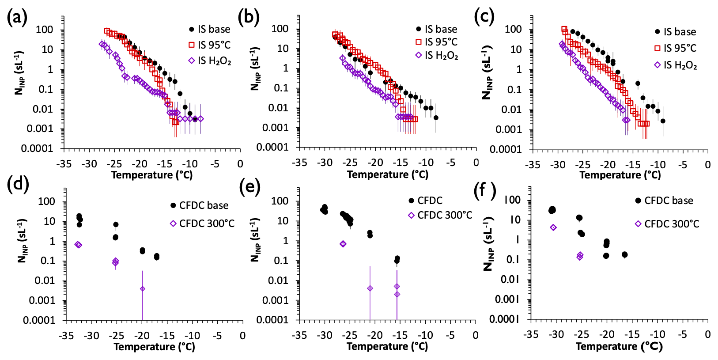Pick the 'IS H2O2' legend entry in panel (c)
(676, 65)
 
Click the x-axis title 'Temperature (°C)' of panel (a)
(152, 175)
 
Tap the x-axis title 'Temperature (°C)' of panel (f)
(619, 347)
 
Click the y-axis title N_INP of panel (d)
(22, 240)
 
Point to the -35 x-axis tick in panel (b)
(299, 163)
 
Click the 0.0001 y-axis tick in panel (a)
(37, 148)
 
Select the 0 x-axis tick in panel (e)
(476, 335)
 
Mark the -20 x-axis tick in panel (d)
(142, 336)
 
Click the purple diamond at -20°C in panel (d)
(142, 289)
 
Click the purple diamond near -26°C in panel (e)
(343, 244)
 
